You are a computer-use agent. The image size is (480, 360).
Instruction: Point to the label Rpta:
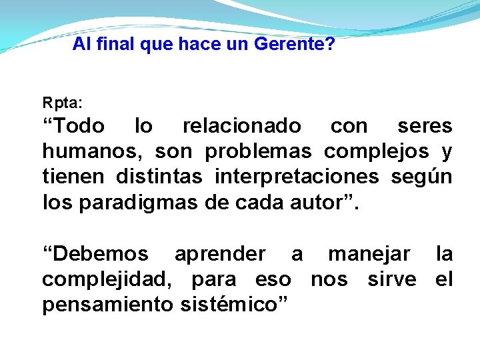[x=63, y=104]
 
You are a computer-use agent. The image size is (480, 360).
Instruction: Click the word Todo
[x=77, y=126]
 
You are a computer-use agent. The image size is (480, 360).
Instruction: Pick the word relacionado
[x=242, y=126]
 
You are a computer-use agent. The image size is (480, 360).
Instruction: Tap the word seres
[x=425, y=126]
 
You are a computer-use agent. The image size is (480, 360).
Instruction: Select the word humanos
[x=91, y=152]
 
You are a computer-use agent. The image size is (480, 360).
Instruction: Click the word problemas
[x=258, y=152]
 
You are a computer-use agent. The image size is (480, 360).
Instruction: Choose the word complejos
[x=377, y=152]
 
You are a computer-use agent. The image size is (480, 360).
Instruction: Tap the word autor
[x=314, y=203]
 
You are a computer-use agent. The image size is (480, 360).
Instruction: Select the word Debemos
[x=98, y=254]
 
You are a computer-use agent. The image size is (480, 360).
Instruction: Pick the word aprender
[x=219, y=254]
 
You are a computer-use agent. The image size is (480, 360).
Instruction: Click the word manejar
[x=369, y=254]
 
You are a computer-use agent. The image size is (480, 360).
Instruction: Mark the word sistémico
[x=231, y=305]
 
